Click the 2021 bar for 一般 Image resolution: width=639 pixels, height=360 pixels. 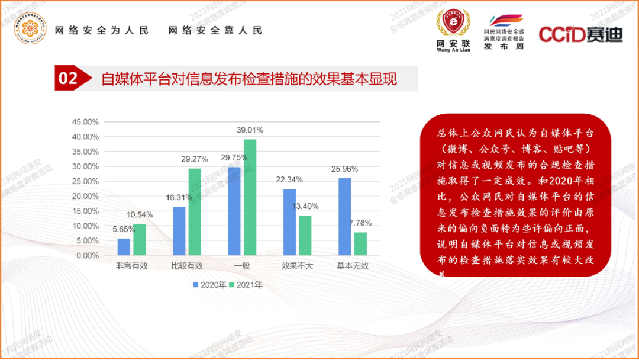tap(250, 197)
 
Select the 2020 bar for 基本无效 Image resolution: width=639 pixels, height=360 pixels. tap(344, 217)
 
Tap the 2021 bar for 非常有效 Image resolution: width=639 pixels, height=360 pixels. tap(140, 240)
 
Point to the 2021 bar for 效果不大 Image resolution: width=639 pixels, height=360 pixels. tap(305, 235)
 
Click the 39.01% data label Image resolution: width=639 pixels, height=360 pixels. tap(250, 130)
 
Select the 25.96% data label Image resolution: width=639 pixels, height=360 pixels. tap(344, 169)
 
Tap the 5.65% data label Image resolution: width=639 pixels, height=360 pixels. tap(123, 229)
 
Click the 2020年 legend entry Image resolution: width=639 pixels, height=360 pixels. tap(210, 285)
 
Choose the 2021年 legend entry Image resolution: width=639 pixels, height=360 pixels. tap(246, 285)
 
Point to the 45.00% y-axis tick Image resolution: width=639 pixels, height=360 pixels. tap(85, 122)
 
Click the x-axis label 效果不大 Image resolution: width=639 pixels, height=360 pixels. tap(297, 266)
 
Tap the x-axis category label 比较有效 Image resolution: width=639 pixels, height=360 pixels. tap(187, 266)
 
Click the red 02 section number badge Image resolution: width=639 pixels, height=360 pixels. tap(70, 78)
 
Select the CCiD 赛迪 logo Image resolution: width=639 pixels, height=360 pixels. tap(580, 34)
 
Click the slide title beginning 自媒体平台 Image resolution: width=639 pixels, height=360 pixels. tap(249, 79)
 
